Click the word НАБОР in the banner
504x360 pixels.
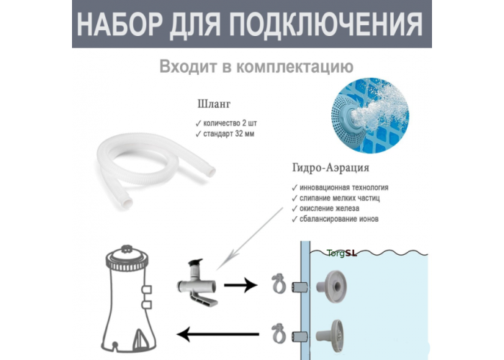click(x=120, y=25)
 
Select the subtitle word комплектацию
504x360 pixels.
click(x=294, y=67)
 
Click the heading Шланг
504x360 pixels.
click(x=214, y=104)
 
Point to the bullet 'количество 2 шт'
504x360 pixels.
click(x=226, y=123)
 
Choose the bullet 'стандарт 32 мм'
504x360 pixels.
click(x=225, y=134)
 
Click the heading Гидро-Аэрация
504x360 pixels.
click(x=330, y=168)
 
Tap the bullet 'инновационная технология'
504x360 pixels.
click(x=340, y=187)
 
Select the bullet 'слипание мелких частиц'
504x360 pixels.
click(x=336, y=198)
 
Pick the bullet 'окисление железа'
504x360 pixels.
click(x=325, y=209)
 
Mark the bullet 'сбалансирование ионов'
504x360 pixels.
click(x=335, y=219)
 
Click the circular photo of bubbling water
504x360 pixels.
click(x=370, y=115)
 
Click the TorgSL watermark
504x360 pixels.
click(x=342, y=253)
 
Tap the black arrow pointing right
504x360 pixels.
click(x=240, y=285)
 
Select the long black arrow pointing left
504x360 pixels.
click(x=218, y=334)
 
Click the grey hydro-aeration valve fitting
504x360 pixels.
click(x=197, y=283)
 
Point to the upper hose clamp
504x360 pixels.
click(x=279, y=283)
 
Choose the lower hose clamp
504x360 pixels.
click(x=279, y=333)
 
